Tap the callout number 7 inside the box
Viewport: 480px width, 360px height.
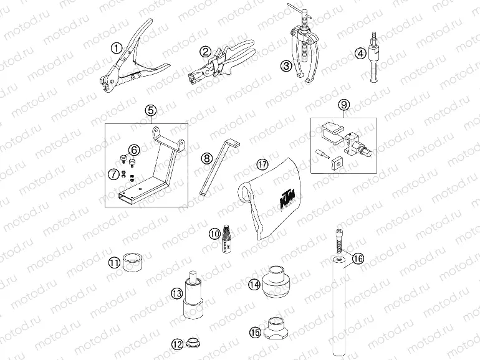(114, 174)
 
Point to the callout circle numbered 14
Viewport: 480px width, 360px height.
(254, 284)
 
